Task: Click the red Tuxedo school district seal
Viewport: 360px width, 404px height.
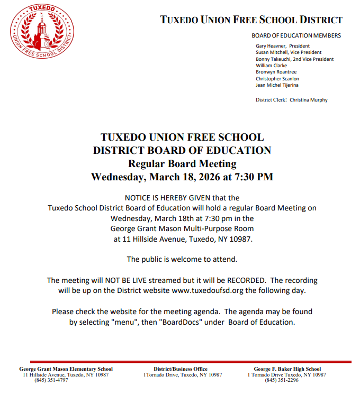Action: (x=42, y=33)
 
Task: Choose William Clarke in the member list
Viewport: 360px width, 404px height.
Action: (x=271, y=66)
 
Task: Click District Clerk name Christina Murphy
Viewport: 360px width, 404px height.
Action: (x=309, y=100)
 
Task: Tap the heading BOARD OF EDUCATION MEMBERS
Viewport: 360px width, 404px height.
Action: (x=296, y=36)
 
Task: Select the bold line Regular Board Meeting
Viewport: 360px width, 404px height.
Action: (x=182, y=163)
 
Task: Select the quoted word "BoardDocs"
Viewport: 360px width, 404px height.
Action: (x=175, y=322)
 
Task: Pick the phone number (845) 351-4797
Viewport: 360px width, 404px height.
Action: (x=51, y=380)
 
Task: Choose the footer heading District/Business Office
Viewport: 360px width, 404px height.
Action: (x=181, y=369)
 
